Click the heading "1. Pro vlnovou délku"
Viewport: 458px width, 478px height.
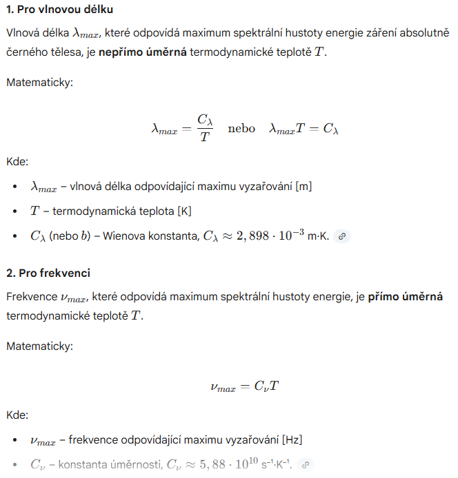[60, 10]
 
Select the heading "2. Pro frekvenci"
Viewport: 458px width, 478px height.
[48, 273]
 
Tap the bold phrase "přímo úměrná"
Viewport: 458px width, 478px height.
[406, 297]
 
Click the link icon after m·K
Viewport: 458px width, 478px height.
[341, 236]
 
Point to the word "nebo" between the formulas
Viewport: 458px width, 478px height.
[241, 129]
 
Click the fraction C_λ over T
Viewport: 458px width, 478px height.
[205, 129]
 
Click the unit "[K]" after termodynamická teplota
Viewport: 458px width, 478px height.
[184, 211]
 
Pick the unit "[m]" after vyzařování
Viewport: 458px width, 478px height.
[303, 187]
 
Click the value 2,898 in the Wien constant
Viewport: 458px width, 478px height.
[246, 236]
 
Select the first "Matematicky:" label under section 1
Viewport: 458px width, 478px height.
[39, 83]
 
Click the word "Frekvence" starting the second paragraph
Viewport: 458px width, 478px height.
[32, 297]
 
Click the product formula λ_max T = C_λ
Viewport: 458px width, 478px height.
[303, 129]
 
